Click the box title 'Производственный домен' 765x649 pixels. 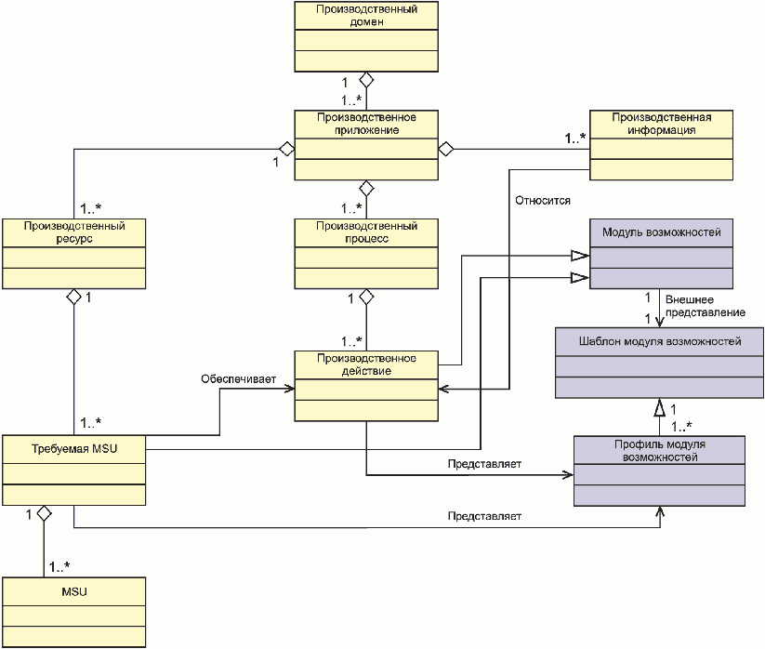pyautogui.click(x=366, y=15)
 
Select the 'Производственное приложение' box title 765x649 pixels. pyautogui.click(x=366, y=124)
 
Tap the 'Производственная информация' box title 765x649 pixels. pyautogui.click(x=662, y=124)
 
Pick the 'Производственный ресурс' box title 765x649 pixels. pyautogui.click(x=74, y=232)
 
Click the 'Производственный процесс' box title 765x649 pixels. pyautogui.click(x=366, y=232)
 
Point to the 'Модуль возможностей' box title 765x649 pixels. pyautogui.click(x=662, y=232)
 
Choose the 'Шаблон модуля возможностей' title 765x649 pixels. pyautogui.click(x=660, y=341)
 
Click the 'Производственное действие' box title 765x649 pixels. pyautogui.click(x=366, y=364)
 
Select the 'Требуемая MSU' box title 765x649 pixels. pyautogui.click(x=74, y=448)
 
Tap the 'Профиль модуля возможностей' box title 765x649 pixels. pyautogui.click(x=660, y=450)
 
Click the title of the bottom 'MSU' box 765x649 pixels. pyautogui.click(x=74, y=592)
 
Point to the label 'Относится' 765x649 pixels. pyautogui.click(x=543, y=201)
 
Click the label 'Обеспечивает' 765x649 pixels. pyautogui.click(x=239, y=379)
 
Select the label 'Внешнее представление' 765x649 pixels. pyautogui.click(x=705, y=306)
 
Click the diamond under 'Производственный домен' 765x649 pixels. pyautogui.click(x=366, y=80)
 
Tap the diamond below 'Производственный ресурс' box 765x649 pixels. pyautogui.click(x=74, y=297)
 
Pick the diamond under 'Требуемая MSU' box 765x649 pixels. pyautogui.click(x=45, y=513)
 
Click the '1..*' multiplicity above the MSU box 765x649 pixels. pyautogui.click(x=59, y=566)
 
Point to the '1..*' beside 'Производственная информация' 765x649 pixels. pyautogui.click(x=575, y=139)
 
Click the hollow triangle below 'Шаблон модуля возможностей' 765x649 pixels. pyautogui.click(x=660, y=407)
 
